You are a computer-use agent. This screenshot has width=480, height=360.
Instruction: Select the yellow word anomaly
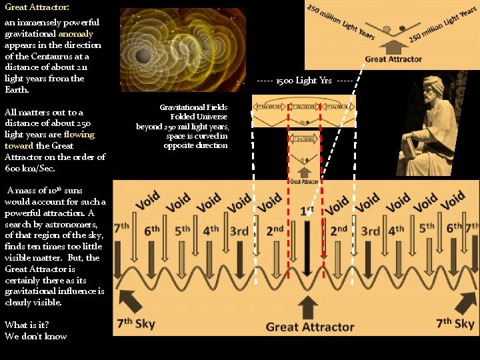75,33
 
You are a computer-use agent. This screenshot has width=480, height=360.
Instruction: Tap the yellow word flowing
79,134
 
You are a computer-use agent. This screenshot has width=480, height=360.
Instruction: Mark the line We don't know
35,336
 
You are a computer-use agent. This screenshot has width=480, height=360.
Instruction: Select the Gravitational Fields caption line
193,107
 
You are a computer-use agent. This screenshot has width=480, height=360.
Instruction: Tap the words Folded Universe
199,117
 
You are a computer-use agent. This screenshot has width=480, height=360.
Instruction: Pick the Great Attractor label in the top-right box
393,59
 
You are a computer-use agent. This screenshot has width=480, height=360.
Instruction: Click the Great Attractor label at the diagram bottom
310,327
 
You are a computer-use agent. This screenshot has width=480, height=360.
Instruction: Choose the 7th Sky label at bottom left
136,324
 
